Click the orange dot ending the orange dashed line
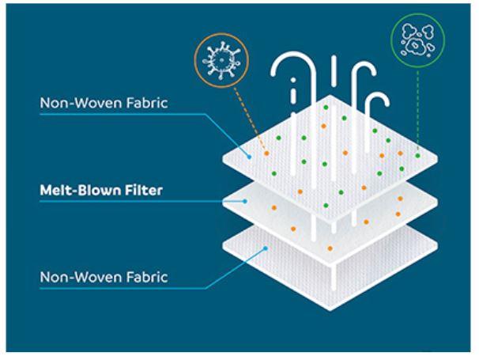point(266,153)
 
